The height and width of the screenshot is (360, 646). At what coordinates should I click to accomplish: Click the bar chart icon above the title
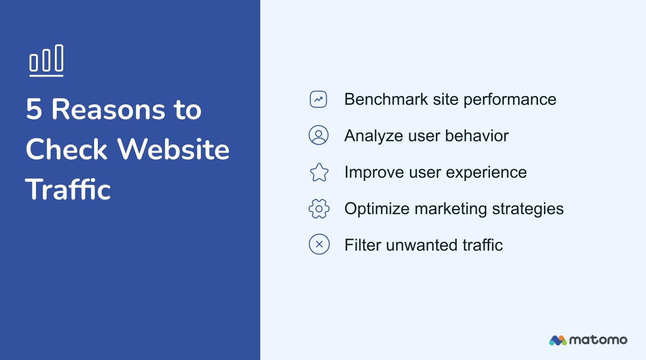tap(46, 60)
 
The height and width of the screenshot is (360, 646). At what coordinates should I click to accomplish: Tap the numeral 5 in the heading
tap(34, 110)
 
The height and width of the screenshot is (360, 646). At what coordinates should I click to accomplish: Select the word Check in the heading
tap(67, 150)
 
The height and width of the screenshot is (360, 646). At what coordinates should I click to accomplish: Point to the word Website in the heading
tap(173, 150)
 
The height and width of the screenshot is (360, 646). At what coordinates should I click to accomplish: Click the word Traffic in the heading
tap(68, 189)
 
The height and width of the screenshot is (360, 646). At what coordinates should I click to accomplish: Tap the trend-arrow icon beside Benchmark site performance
tap(318, 99)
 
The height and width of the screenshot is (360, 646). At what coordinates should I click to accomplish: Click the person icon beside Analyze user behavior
tap(318, 135)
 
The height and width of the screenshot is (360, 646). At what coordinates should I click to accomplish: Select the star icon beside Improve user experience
tap(319, 172)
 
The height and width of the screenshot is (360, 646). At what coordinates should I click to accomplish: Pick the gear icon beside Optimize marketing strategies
tap(319, 209)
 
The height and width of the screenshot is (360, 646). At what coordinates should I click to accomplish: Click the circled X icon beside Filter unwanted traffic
tap(319, 244)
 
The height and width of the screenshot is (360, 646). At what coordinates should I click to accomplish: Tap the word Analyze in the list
tap(374, 136)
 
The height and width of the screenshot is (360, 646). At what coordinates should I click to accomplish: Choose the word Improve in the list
tap(374, 173)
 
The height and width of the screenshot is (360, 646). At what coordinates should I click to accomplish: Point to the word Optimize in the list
tap(377, 209)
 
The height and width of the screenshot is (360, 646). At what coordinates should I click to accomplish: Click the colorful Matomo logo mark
tap(557, 340)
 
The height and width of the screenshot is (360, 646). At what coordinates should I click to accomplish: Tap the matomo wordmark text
tap(598, 340)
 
